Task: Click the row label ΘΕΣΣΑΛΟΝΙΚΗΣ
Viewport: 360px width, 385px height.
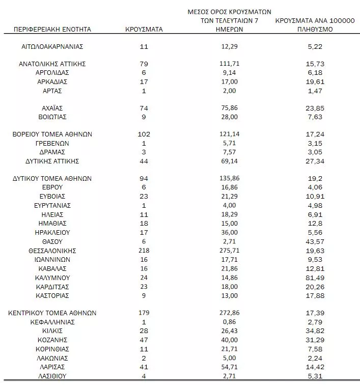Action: point(53,251)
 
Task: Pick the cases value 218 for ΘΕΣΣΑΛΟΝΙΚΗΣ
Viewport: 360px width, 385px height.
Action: point(144,251)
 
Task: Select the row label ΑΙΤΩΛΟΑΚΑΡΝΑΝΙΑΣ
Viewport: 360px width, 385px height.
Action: point(53,46)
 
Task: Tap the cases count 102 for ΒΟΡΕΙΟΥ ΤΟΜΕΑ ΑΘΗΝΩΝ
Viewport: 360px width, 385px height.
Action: point(144,135)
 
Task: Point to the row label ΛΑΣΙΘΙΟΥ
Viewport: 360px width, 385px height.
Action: point(53,375)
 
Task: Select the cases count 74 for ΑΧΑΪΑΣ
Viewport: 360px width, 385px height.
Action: point(144,108)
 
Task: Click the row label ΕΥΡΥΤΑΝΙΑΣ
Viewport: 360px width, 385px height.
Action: point(53,206)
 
